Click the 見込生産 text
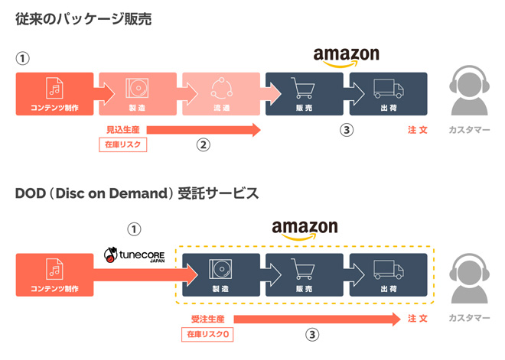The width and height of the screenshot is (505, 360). (124, 129)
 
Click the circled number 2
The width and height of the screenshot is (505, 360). (203, 144)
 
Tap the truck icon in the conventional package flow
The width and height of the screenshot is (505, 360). (388, 89)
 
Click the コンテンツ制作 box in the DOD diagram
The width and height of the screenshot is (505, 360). (54, 274)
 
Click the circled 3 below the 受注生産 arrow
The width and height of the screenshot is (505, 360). (312, 334)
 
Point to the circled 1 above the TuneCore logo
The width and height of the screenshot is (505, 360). (134, 229)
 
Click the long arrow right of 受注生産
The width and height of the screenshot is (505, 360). (314, 318)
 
